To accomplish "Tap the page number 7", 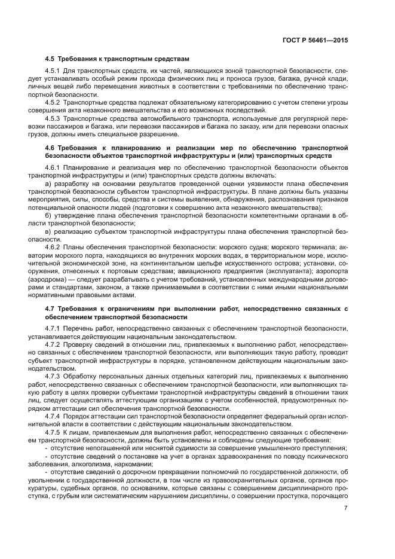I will coord(346,508).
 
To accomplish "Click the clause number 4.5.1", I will coord(54,72).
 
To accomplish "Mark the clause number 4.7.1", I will coord(54,328).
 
